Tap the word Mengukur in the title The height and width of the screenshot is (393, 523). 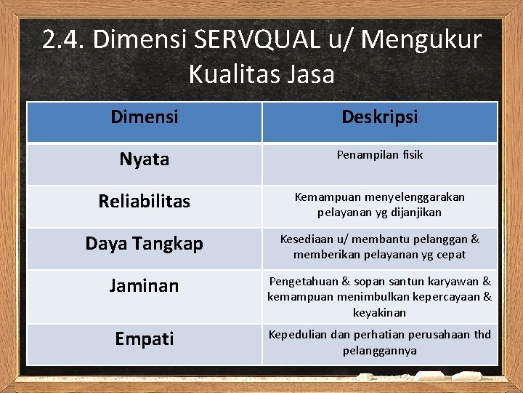coord(421,40)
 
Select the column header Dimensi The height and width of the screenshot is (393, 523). coord(145,116)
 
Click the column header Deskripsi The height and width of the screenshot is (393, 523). coord(380,116)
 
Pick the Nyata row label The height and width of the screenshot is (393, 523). coord(145,159)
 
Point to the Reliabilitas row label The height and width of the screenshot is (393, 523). coord(145,201)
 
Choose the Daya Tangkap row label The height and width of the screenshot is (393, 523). coord(145,243)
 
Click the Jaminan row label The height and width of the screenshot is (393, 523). coord(145,285)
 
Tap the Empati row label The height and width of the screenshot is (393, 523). coord(145,338)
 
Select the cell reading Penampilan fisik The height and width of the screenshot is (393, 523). coord(380,155)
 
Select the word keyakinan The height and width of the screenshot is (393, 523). coord(380,312)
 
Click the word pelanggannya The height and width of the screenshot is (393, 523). coord(380,350)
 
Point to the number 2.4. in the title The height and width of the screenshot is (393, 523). coord(63,40)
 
